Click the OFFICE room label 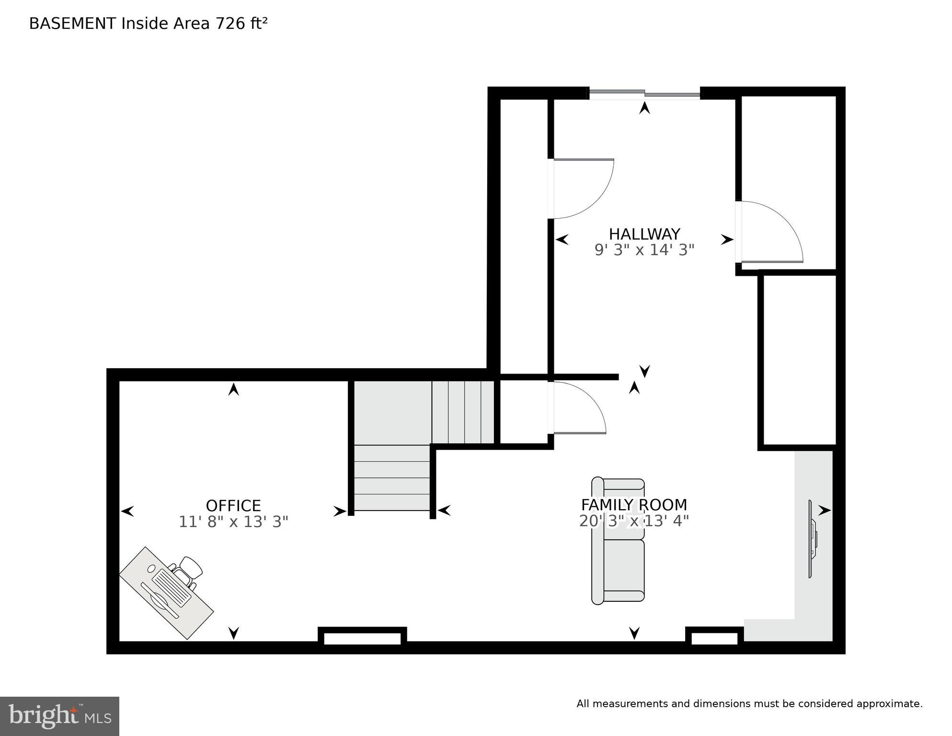click(233, 506)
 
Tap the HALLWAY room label click(644, 234)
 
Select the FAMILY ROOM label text click(634, 505)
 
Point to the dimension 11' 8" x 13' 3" click(233, 522)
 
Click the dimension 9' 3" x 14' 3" click(644, 250)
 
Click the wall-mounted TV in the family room click(812, 539)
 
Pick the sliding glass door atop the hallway click(644, 94)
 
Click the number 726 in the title click(230, 23)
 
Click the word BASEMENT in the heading click(72, 23)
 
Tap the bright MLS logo click(59, 716)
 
